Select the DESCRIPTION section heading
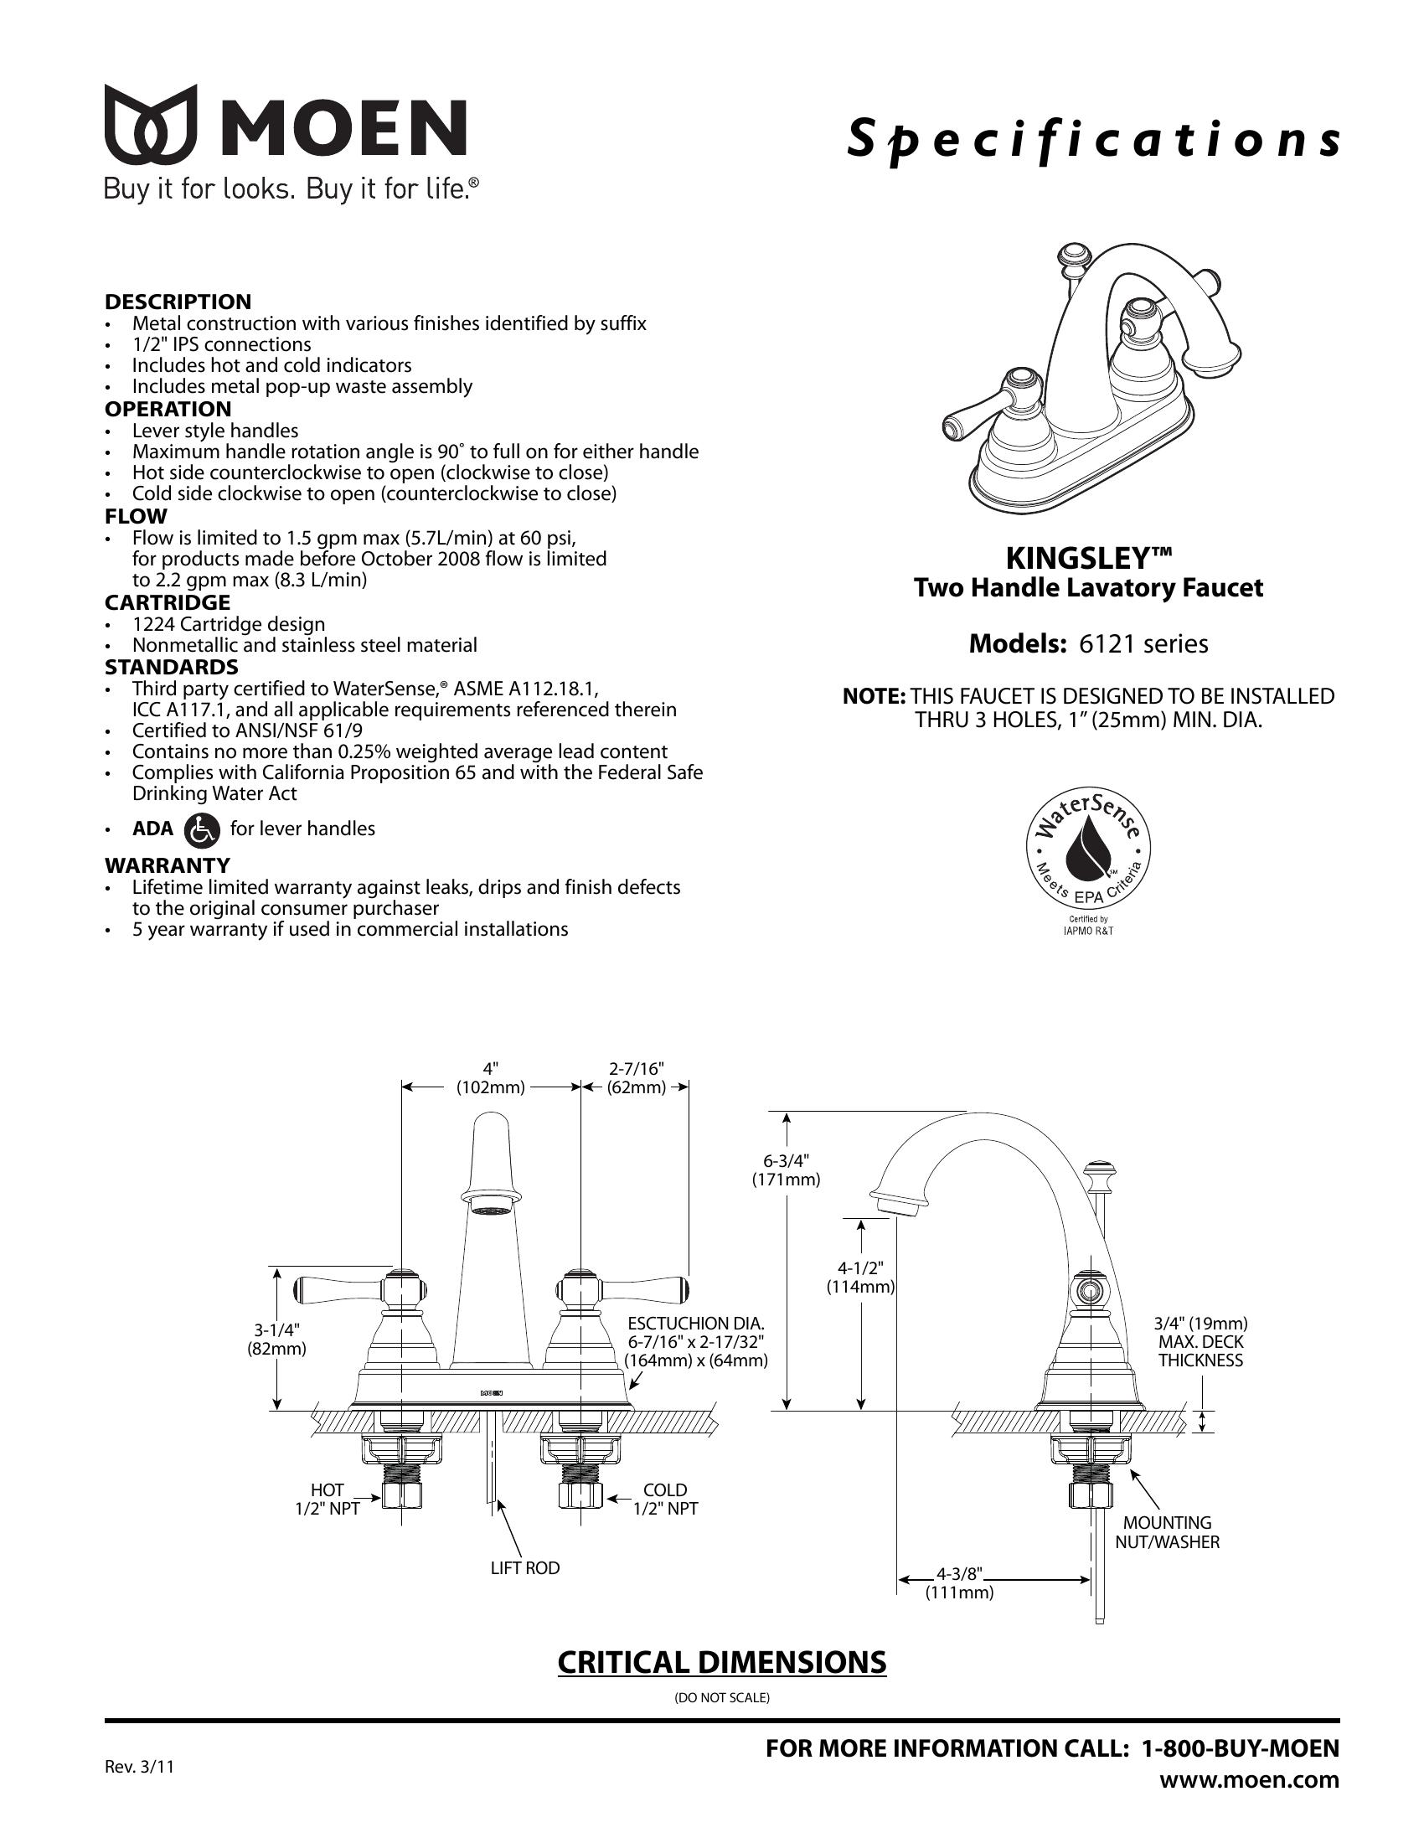[178, 302]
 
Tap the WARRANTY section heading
[167, 865]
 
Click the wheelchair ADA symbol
[202, 829]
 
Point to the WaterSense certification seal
[1087, 852]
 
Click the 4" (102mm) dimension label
[491, 1077]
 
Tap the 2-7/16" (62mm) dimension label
[636, 1077]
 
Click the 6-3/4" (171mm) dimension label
[786, 1169]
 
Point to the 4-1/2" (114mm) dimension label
[859, 1277]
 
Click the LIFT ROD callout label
[525, 1568]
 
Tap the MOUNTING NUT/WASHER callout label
[1168, 1532]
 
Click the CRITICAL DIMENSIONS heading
[722, 1661]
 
